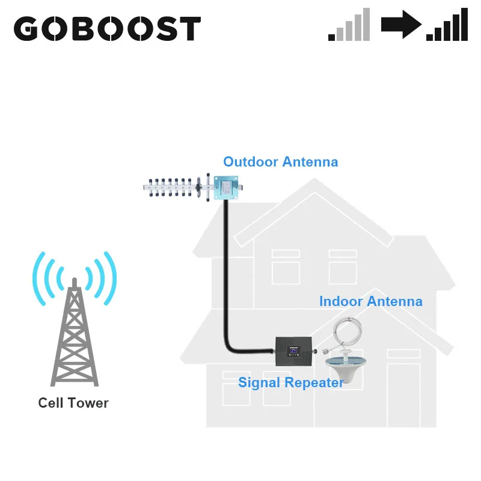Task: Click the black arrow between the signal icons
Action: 401,26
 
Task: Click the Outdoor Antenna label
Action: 280,162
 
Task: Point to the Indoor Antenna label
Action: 370,301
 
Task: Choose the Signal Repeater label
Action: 291,382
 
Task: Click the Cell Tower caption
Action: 73,403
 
